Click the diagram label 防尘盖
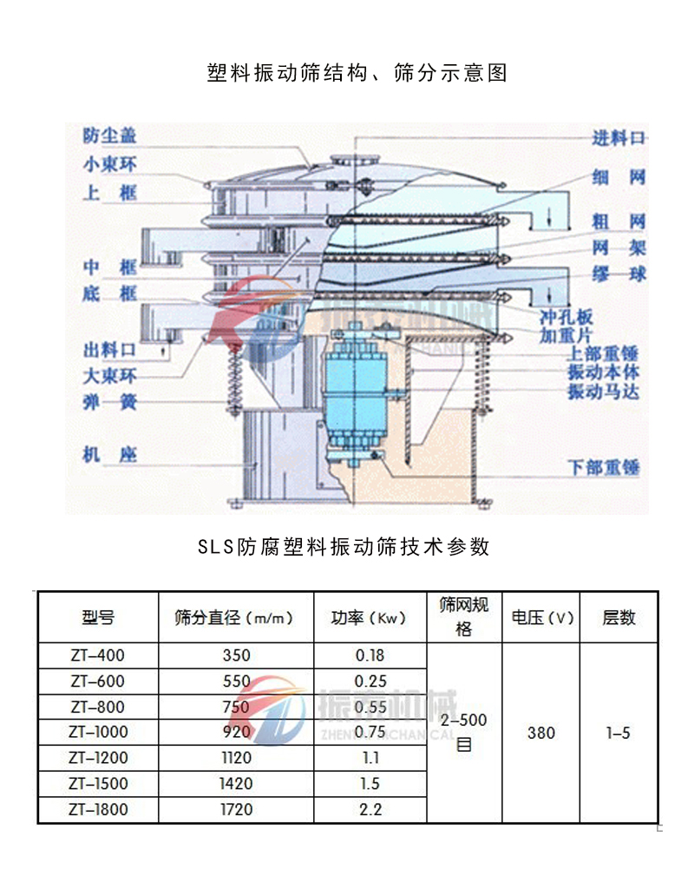tap(109, 135)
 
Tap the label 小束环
tap(109, 164)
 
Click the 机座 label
tap(109, 454)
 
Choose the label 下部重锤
tap(604, 468)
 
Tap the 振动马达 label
tap(604, 392)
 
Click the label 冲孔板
tap(566, 316)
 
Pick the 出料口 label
tap(109, 351)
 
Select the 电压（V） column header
tap(542, 618)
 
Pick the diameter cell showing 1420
tap(236, 784)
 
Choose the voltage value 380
tap(541, 733)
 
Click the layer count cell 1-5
tap(619, 733)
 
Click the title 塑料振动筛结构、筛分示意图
tap(357, 73)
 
